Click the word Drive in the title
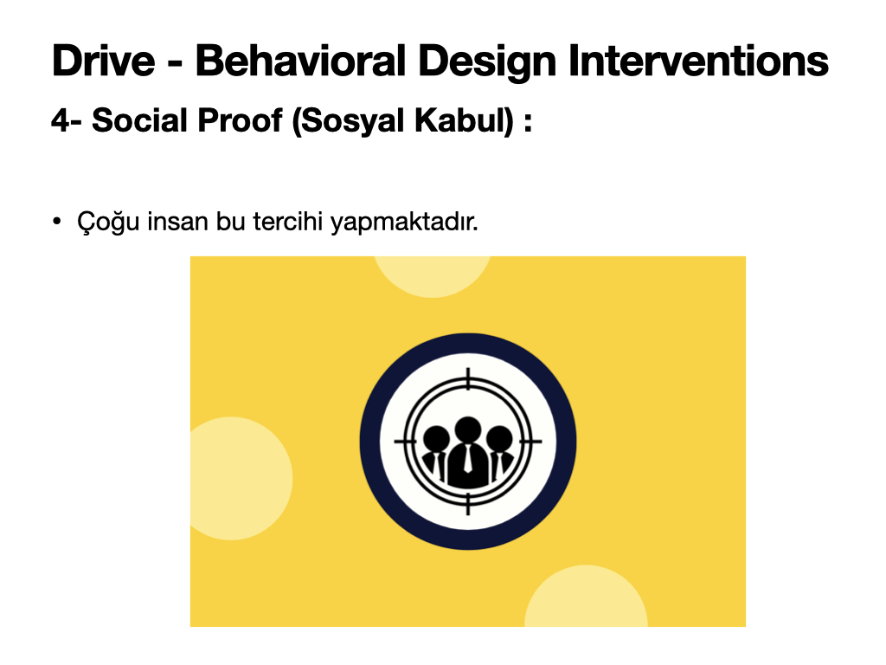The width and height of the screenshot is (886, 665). pos(104,61)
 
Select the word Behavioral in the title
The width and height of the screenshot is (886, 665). pos(300,61)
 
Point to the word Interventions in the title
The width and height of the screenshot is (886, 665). pos(698,61)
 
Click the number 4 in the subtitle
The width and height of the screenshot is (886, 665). pos(61,120)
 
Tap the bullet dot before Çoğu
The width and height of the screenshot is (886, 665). pos(56,221)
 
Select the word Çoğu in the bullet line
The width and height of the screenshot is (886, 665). pos(108,222)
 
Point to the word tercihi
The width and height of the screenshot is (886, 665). pos(287,221)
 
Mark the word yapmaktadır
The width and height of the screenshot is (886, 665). pos(404,222)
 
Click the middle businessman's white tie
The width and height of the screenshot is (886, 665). pos(468,459)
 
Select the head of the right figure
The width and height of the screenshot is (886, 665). pos(499,439)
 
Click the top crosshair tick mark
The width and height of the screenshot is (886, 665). pos(468,379)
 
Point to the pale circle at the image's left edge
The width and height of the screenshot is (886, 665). pos(241,478)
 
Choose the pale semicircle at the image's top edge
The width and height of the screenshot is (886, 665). pos(433,276)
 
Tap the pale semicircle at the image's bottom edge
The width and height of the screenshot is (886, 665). pos(586,596)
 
